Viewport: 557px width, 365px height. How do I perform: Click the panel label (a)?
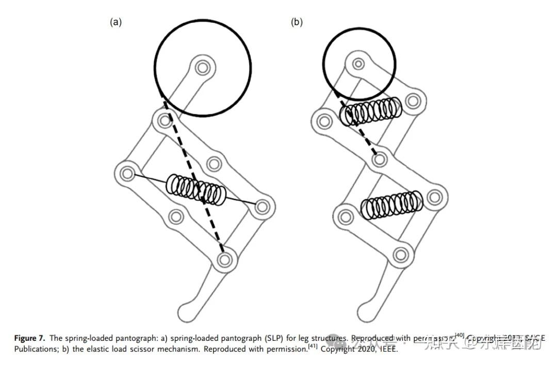pos(116,22)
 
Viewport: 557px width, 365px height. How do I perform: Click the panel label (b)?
pos(297,22)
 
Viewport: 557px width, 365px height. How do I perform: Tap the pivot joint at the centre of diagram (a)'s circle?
pos(203,68)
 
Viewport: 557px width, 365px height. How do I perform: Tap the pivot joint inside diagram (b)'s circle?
pos(358,64)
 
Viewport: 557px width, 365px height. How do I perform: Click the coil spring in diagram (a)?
pos(196,190)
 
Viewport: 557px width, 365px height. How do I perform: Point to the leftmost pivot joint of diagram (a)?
pos(127,174)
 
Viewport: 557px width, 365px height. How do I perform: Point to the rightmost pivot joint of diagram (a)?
pos(263,208)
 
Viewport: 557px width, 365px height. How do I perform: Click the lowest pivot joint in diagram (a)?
pos(224,260)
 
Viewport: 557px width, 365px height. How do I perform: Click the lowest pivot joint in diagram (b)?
pos(400,254)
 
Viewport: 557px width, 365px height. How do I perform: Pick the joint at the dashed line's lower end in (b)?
pos(380,160)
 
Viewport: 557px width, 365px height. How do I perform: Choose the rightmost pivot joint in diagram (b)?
pos(435,196)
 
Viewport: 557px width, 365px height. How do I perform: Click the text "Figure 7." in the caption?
pos(29,339)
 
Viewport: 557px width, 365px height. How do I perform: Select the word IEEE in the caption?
pos(386,349)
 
